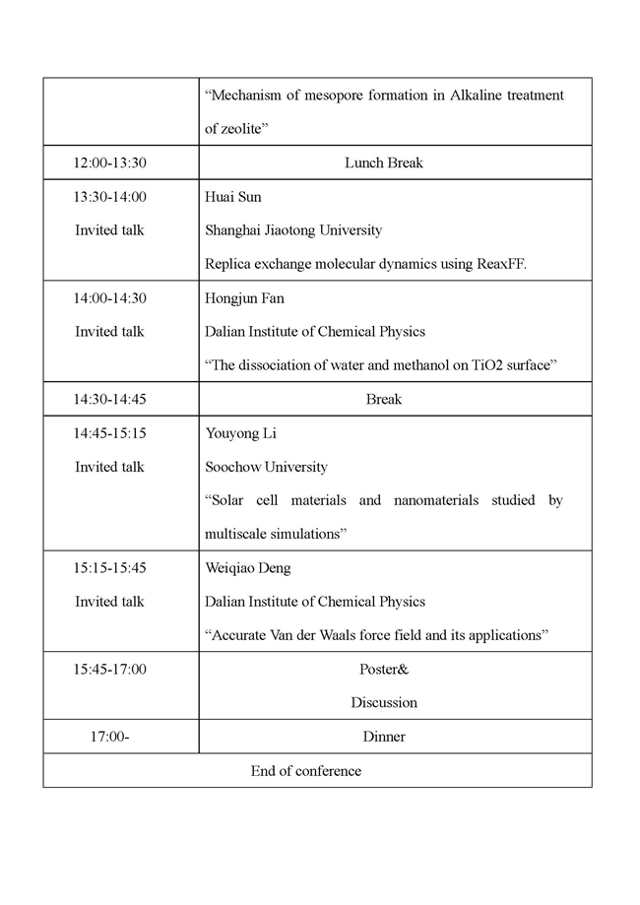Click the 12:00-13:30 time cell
point(109,162)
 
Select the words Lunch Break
point(383,162)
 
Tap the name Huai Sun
point(232,197)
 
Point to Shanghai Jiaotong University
point(293,230)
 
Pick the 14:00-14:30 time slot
point(109,298)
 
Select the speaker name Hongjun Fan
point(244,298)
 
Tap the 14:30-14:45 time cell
point(109,399)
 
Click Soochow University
point(266,467)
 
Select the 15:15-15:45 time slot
point(109,568)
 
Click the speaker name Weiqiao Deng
point(247,568)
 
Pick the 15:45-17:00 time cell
point(109,670)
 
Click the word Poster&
point(383,670)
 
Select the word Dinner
point(383,737)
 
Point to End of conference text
point(306,771)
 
